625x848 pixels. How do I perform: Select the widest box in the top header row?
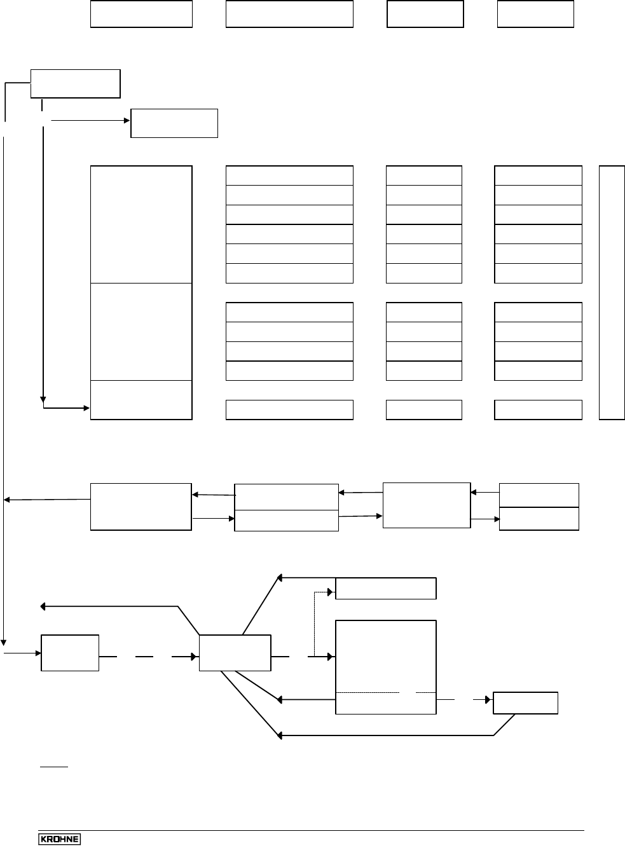(289, 14)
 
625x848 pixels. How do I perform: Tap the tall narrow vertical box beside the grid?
(612, 292)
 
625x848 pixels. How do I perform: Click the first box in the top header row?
(141, 14)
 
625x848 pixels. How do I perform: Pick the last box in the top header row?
(535, 14)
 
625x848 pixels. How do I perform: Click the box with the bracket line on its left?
(75, 84)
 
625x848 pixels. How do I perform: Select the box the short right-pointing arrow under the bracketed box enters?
(174, 123)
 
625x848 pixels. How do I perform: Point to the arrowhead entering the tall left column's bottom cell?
(86, 407)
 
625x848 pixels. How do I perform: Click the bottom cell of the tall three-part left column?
(141, 400)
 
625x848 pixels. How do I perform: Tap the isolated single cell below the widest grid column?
(289, 410)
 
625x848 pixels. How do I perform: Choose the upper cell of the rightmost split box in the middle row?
(539, 495)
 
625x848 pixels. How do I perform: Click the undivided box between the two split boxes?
(427, 505)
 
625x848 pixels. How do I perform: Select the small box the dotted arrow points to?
(385, 589)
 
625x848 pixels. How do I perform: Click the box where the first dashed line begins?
(70, 652)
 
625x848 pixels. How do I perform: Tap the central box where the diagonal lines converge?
(235, 652)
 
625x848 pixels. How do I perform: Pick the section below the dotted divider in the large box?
(385, 703)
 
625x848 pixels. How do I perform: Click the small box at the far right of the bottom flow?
(526, 703)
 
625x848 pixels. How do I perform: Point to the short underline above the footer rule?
(54, 767)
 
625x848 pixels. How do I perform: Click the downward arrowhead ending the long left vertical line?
(4, 641)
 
